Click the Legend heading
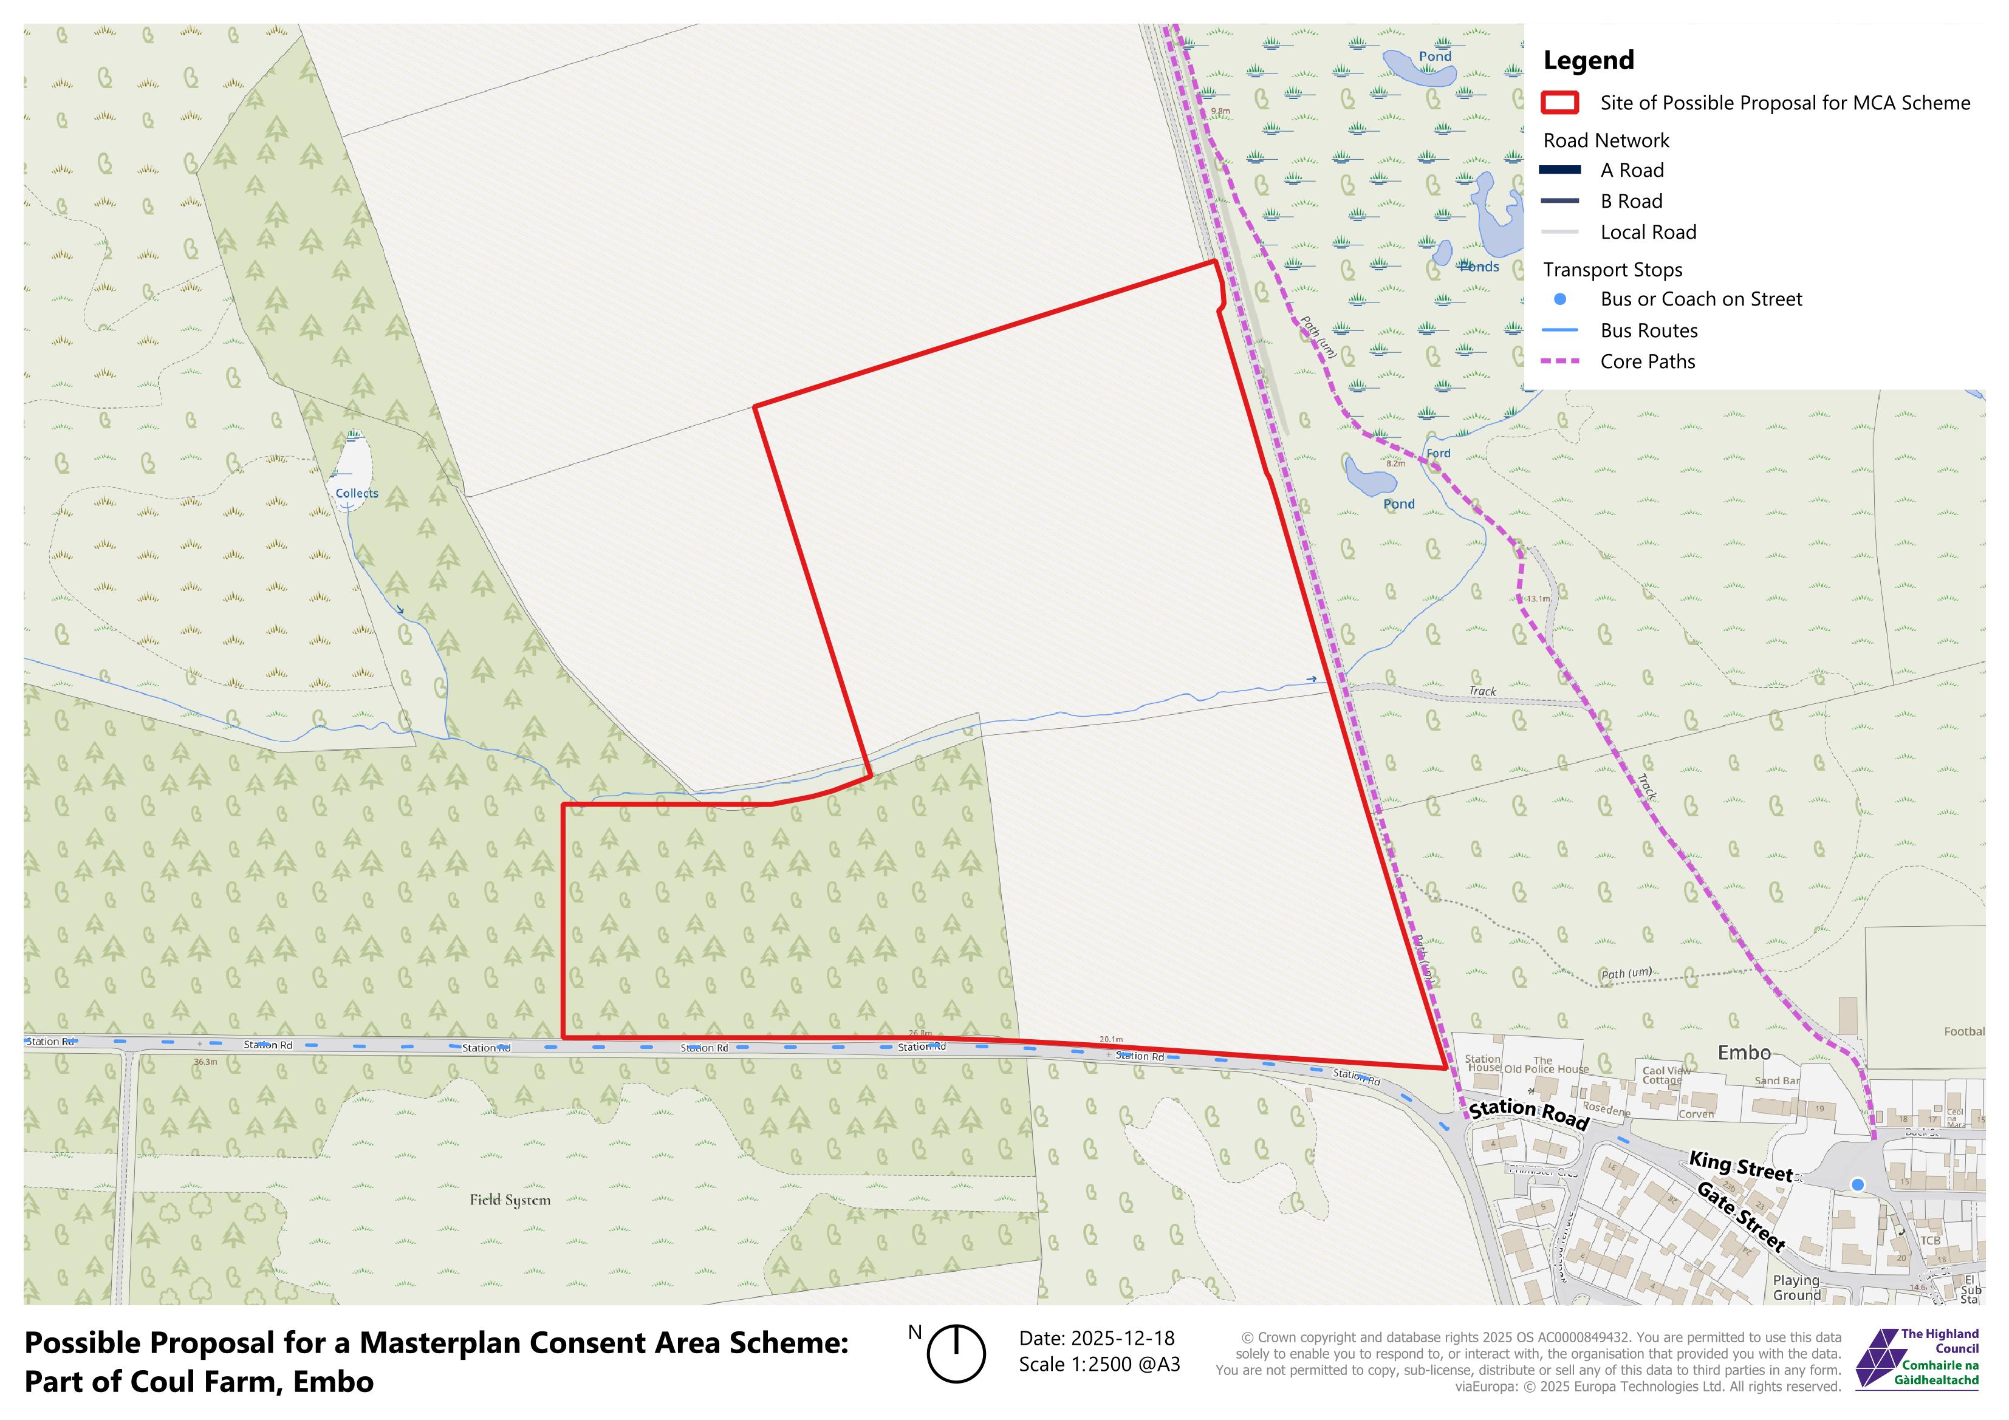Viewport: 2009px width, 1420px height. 1588,60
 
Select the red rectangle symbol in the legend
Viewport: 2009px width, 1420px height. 1559,103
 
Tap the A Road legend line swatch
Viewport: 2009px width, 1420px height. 1559,169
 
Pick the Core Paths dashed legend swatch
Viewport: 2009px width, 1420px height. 1559,361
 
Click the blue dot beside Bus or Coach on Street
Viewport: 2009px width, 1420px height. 1559,299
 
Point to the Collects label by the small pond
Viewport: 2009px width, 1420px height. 357,493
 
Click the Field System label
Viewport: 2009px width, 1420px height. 510,1200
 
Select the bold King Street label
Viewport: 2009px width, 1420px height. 1740,1166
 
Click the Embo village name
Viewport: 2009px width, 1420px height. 1744,1053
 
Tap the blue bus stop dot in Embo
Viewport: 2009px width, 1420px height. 1858,1184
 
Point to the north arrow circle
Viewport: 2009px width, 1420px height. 956,1354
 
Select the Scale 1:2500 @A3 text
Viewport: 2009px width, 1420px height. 1099,1365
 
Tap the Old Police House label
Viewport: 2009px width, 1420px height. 1546,1068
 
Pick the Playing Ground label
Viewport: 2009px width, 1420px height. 1796,1288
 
